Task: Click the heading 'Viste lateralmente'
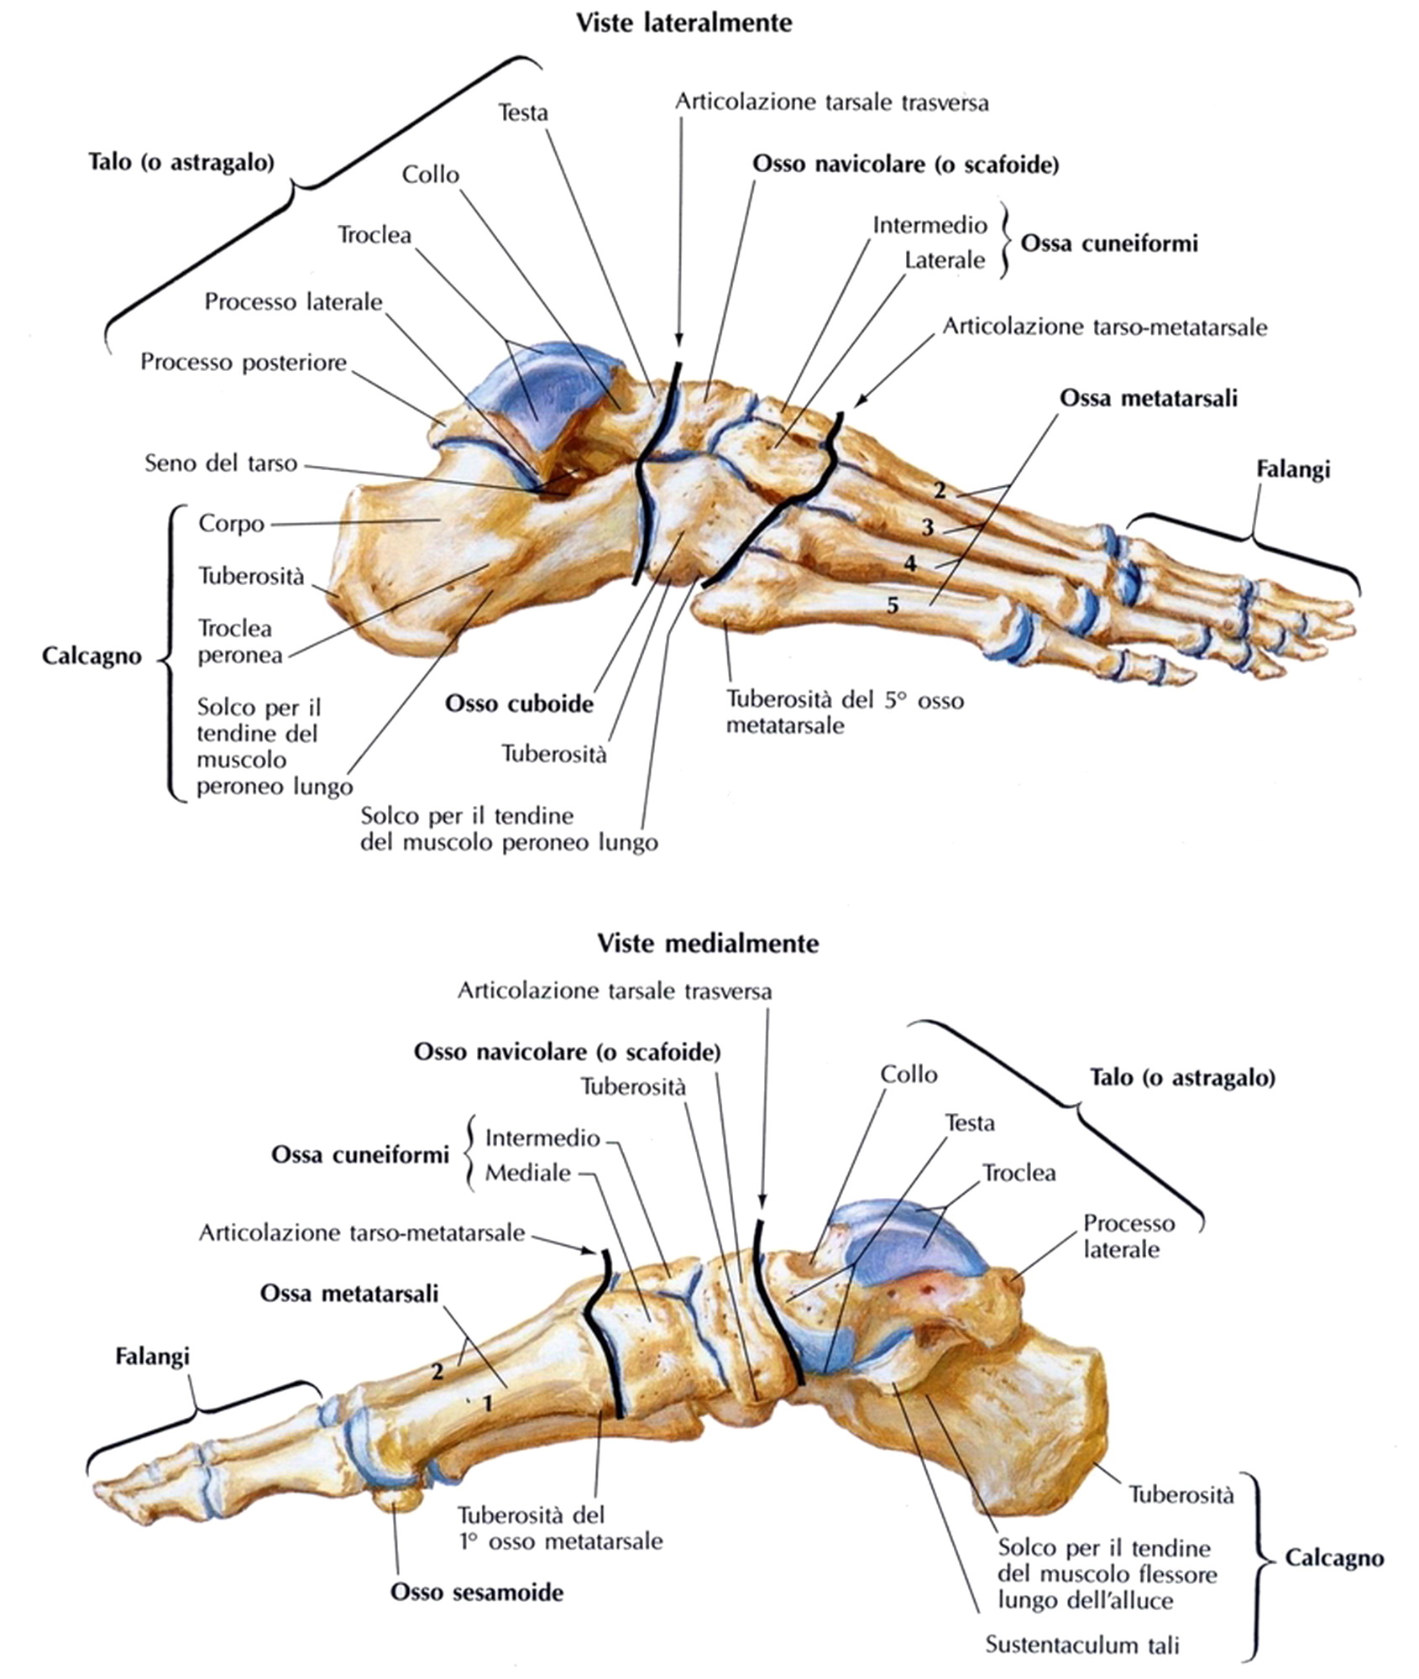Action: (683, 23)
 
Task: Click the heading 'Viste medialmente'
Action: (707, 943)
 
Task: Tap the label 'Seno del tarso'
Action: (221, 463)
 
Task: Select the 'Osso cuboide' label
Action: (519, 704)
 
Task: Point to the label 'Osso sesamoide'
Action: (476, 1592)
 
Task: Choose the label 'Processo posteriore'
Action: (243, 363)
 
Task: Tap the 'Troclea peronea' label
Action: (240, 641)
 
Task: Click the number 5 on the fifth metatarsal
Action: (893, 604)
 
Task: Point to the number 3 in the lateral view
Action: (927, 528)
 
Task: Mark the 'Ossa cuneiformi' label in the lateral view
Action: (1108, 244)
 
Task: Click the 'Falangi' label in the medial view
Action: (152, 1356)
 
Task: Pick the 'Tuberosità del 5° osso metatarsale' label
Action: (844, 712)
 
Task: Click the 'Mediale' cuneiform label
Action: (528, 1173)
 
